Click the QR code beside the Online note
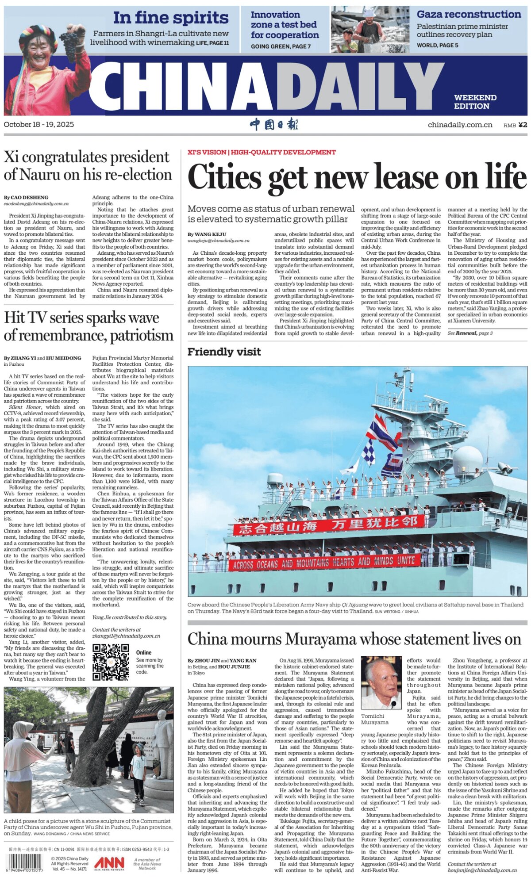pos(111,662)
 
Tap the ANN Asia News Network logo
pos(109,863)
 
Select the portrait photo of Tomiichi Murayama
pos(381,683)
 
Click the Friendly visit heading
pos(224,352)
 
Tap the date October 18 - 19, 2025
pos(39,124)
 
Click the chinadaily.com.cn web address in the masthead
pos(460,125)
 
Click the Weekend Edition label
pos(475,102)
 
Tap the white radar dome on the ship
pos(467,460)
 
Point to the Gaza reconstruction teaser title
pos(469,14)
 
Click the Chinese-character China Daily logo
pos(274,124)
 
